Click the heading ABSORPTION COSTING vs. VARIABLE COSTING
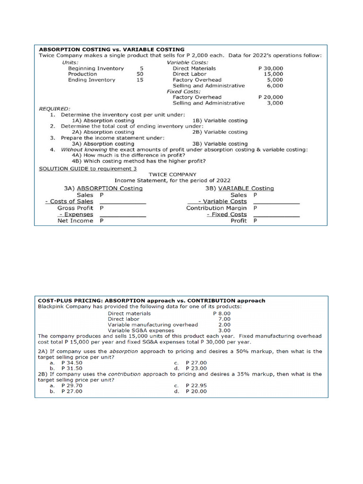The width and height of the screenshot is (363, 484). (112, 49)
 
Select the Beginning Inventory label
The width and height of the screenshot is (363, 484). (96, 68)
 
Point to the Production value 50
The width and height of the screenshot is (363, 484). (140, 74)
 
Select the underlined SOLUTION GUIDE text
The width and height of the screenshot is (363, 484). (64, 168)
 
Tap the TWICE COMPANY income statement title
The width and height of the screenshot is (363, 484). (172, 174)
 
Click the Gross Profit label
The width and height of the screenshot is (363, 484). (75, 208)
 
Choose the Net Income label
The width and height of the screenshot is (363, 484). (75, 221)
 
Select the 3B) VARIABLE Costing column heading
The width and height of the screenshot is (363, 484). (239, 188)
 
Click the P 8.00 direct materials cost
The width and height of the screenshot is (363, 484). (222, 313)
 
